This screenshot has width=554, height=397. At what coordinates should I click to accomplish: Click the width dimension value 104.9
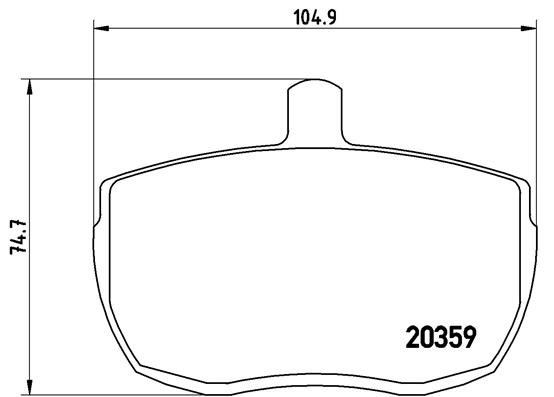point(315,17)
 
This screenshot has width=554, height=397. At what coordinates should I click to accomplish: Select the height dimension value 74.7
point(19,237)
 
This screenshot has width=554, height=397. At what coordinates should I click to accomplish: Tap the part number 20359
point(441,338)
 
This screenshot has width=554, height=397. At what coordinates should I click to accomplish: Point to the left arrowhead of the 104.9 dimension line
point(101,28)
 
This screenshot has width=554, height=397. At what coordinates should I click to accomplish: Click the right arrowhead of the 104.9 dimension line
point(529,28)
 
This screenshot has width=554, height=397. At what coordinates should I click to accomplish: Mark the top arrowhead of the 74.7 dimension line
point(30,87)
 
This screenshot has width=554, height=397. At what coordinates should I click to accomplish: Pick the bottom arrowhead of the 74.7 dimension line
point(30,386)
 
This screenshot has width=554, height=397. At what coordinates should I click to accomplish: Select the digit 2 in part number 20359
point(412,338)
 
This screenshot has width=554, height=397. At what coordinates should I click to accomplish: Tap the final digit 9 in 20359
point(470,338)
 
